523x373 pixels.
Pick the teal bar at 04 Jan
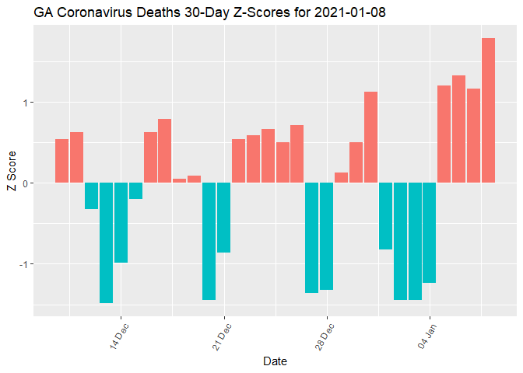coord(429,232)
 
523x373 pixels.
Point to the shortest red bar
coord(179,180)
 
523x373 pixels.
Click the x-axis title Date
coord(276,361)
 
